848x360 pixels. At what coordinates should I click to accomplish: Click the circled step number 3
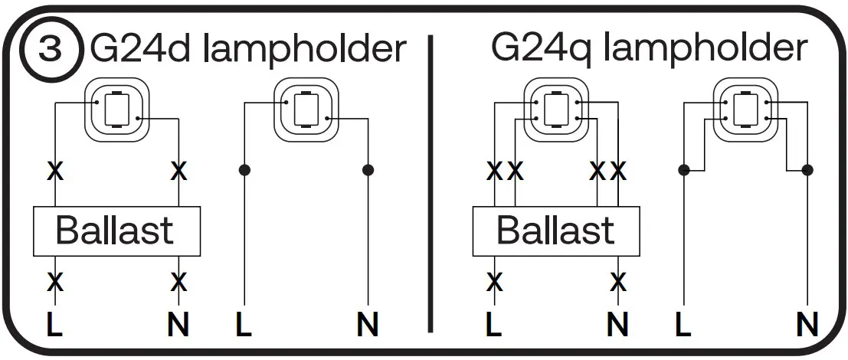pos(51,51)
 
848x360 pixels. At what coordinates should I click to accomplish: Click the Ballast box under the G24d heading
pos(116,231)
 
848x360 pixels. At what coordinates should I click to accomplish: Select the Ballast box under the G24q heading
pos(556,231)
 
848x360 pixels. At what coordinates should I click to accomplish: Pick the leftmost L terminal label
pos(54,326)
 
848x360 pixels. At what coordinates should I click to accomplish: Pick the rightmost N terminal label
pos(807,326)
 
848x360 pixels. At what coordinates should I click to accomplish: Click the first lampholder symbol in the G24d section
pos(116,110)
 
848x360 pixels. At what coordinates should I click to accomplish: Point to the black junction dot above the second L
pos(244,169)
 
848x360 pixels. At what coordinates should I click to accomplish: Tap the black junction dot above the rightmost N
pos(807,169)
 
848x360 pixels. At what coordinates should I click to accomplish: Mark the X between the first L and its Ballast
pos(54,282)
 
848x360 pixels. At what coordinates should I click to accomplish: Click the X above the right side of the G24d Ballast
pos(178,171)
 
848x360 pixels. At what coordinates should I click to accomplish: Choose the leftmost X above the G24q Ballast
pos(495,171)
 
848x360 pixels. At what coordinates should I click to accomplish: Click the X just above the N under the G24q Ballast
pos(618,282)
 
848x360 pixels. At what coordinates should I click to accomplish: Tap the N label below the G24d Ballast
pos(178,326)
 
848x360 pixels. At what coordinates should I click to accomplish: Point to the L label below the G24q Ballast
pos(495,326)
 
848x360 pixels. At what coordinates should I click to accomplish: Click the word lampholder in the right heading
pos(705,49)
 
